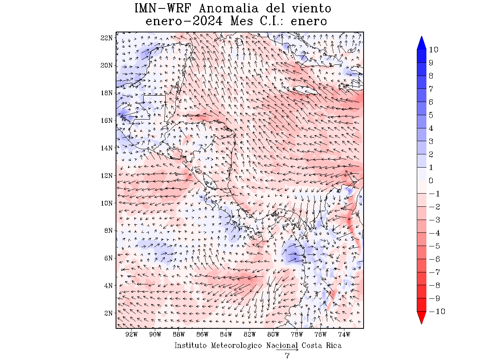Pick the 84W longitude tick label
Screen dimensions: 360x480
[226, 334]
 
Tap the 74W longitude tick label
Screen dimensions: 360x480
[344, 334]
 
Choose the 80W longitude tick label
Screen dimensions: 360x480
[273, 334]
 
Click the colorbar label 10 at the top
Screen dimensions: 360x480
[433, 50]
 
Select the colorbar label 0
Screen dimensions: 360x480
[431, 181]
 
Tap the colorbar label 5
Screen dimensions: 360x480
[431, 115]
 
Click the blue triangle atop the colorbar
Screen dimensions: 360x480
[422, 43]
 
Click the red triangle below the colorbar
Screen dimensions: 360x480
[422, 318]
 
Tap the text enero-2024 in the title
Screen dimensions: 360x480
[184, 21]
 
